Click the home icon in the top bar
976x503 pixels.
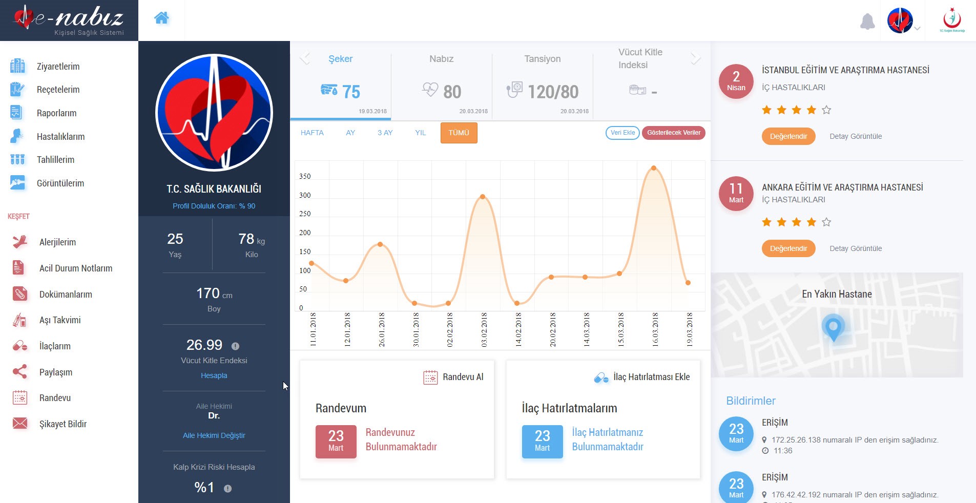coord(161,18)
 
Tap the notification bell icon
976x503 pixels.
coord(867,22)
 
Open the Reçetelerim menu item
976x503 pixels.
coord(58,90)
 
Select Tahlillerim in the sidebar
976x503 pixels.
coord(55,160)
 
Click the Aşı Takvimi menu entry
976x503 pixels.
coord(60,320)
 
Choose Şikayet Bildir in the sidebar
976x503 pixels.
coord(63,424)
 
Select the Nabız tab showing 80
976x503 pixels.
coord(442,82)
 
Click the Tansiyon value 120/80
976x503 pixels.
coord(553,92)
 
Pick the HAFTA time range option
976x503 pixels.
coord(312,133)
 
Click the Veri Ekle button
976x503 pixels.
coord(622,133)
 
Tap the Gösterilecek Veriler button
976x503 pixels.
coord(674,133)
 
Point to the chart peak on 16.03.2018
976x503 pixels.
coord(654,168)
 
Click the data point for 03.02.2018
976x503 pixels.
coord(483,197)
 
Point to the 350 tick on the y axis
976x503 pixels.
coord(305,176)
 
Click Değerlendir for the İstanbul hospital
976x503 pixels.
coord(788,136)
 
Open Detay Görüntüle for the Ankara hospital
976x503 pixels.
coord(856,248)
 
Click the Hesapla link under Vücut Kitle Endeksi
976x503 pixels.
coord(214,375)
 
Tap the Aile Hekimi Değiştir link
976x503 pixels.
coord(214,435)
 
